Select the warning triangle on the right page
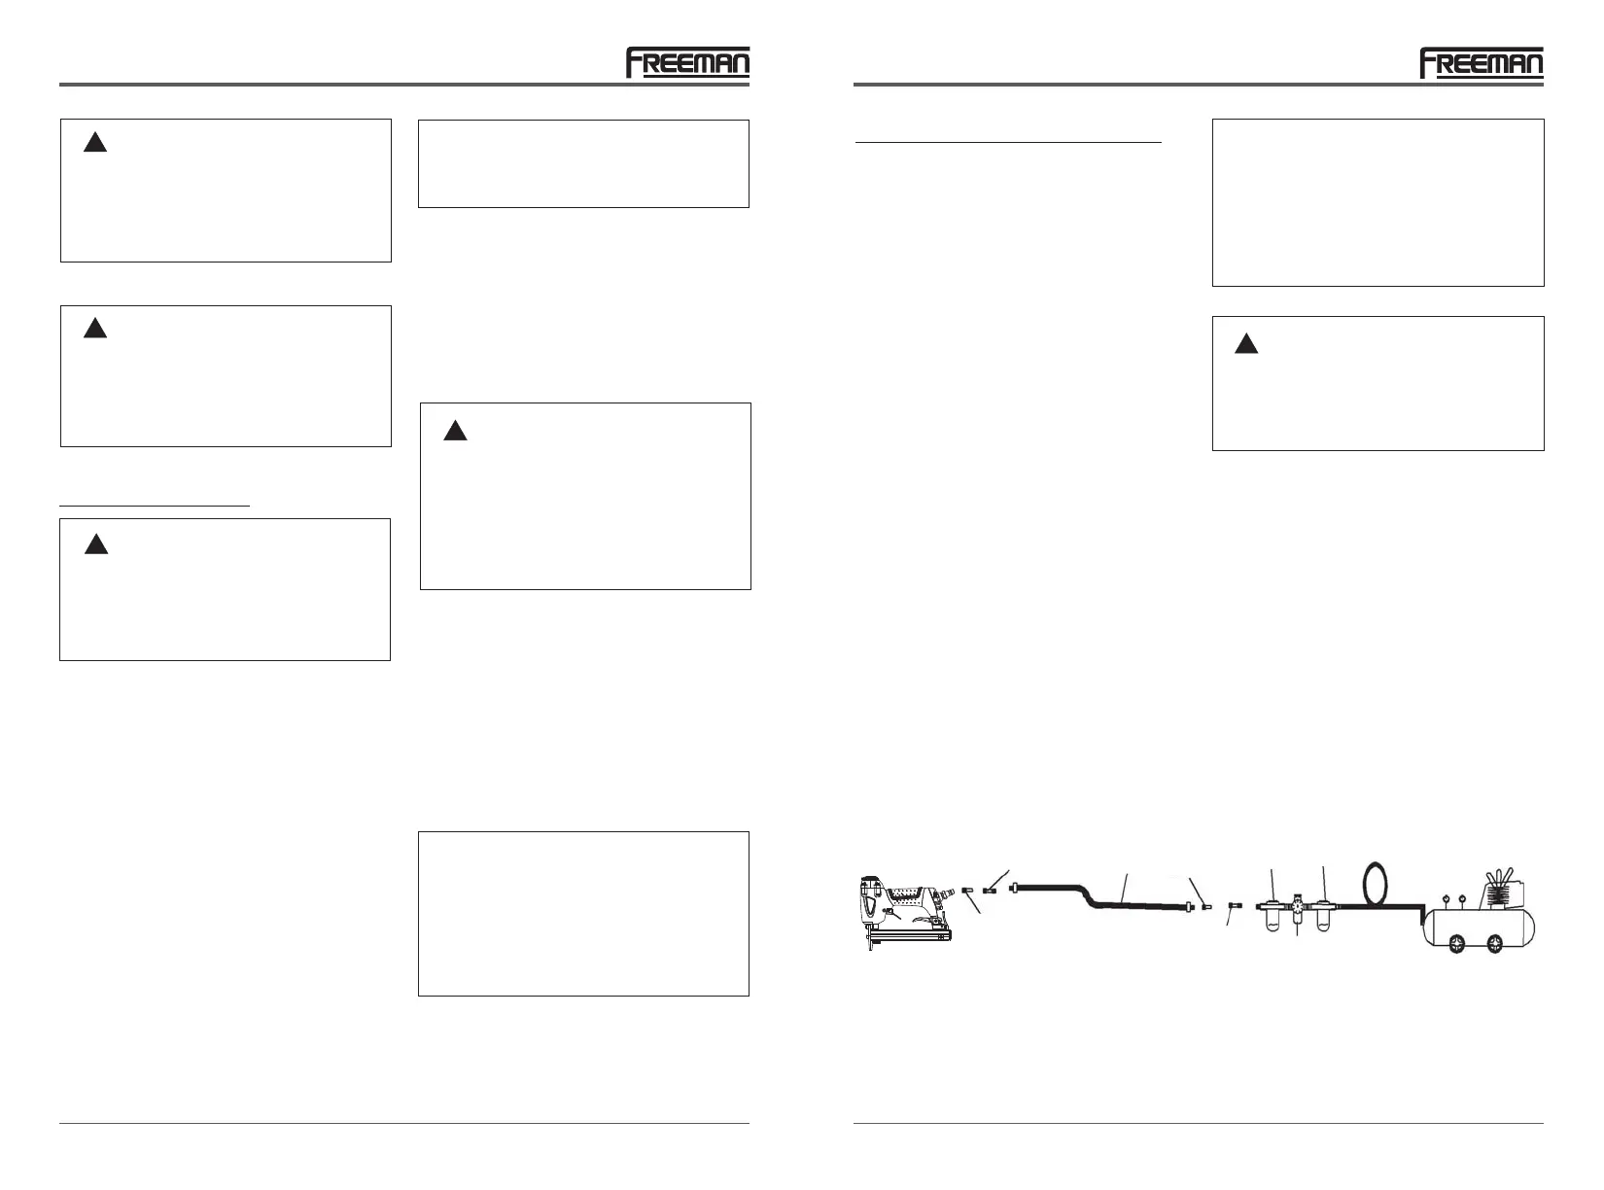coord(1246,344)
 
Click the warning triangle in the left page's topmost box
coord(94,144)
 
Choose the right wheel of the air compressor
coord(1494,942)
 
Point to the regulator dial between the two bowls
coord(1296,906)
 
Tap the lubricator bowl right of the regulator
coord(1322,918)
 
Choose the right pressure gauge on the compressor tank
coord(1463,898)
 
